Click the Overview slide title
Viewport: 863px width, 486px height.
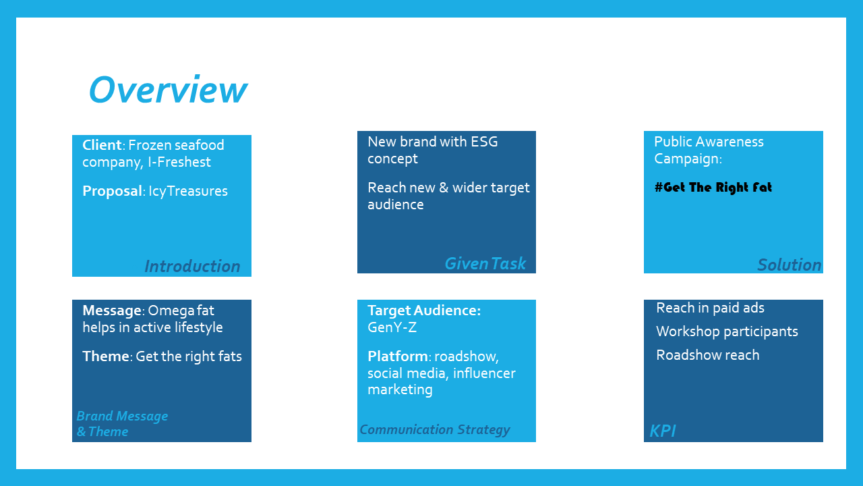point(168,90)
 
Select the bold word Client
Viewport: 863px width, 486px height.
point(102,145)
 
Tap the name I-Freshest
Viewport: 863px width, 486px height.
point(179,162)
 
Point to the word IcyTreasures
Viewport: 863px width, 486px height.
point(188,191)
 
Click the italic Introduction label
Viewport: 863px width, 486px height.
point(192,266)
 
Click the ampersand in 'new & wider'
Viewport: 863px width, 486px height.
point(444,188)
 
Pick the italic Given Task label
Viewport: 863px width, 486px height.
point(485,264)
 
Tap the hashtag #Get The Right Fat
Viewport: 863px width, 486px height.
point(713,188)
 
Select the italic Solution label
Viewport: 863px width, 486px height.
point(790,265)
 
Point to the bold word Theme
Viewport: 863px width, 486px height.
point(106,356)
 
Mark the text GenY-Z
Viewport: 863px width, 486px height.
point(392,327)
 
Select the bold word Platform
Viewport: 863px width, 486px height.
point(398,356)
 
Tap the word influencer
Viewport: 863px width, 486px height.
point(484,373)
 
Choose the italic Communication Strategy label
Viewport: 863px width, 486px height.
point(435,430)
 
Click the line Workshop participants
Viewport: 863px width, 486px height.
point(727,331)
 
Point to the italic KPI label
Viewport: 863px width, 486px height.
point(663,431)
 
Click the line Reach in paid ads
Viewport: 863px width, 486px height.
point(710,308)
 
